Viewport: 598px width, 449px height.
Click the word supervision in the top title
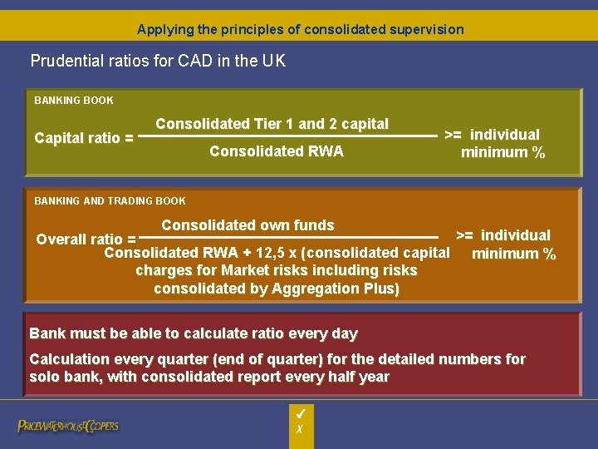tap(426, 29)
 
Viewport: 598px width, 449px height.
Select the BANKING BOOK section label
tap(74, 101)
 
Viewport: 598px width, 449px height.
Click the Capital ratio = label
tap(84, 138)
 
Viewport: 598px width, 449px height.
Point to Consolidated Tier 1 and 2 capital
tap(272, 124)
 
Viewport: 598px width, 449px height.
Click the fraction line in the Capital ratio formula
tap(287, 136)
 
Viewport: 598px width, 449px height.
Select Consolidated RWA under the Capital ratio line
tap(276, 151)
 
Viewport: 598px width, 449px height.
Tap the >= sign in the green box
tap(454, 135)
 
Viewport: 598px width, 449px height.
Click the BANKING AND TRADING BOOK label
tap(110, 200)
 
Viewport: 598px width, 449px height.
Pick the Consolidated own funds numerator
tap(248, 225)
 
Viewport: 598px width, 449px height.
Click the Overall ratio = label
tap(86, 239)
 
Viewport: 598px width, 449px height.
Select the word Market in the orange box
tap(248, 271)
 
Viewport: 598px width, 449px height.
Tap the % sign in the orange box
tap(548, 254)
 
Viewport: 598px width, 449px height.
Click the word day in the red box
tap(344, 334)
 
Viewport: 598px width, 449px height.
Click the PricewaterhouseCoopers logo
tap(68, 426)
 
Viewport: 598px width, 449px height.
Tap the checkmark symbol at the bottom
tap(301, 412)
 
